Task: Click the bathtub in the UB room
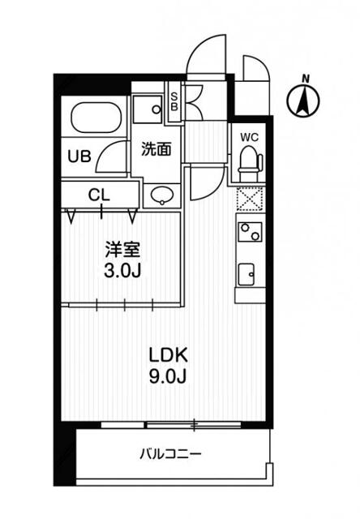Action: pos(96,120)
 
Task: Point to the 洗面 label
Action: pos(156,149)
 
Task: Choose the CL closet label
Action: pos(99,195)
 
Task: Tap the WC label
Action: pos(248,136)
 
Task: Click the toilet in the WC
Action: pos(248,161)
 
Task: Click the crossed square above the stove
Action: pos(248,198)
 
